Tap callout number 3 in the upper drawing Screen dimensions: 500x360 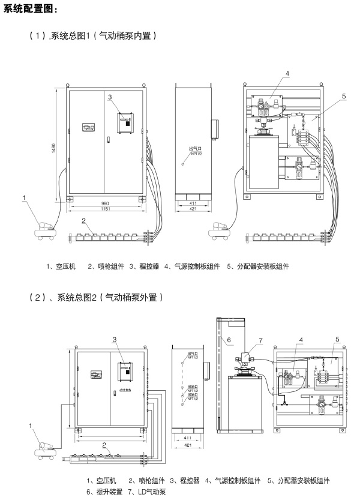pyautogui.click(x=110, y=97)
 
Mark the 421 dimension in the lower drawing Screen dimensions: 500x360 pyautogui.click(x=188, y=446)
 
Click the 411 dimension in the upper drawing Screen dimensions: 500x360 pyautogui.click(x=193, y=203)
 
